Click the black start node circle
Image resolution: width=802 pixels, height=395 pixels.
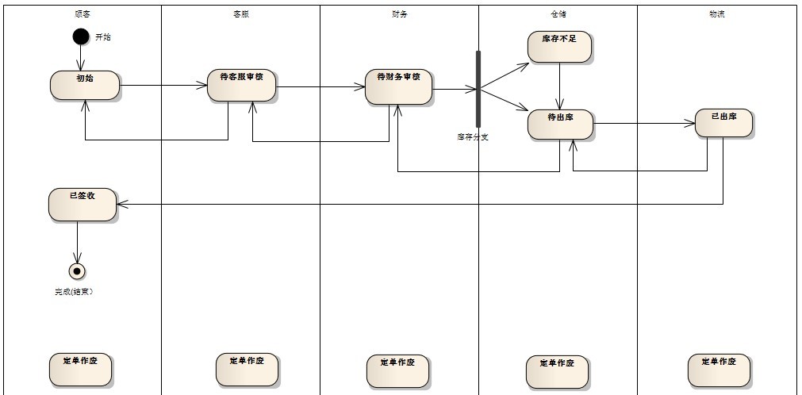click(80, 36)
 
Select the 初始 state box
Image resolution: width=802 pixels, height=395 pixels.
click(85, 85)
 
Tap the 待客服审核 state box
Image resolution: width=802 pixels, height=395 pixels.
click(242, 85)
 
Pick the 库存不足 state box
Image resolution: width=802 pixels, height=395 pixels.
click(560, 47)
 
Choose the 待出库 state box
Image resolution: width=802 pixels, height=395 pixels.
click(561, 125)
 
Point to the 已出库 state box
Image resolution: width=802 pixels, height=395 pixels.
click(723, 122)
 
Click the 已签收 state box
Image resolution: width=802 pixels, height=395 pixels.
click(82, 205)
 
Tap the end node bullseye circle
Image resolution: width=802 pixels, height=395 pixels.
click(77, 271)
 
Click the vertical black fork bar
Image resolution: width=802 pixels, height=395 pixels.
click(478, 89)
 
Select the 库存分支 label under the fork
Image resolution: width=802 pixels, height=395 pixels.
click(473, 136)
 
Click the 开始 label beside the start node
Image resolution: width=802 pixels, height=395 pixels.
click(103, 37)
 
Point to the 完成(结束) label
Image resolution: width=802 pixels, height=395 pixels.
click(74, 292)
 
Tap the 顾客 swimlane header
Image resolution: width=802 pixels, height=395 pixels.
click(82, 13)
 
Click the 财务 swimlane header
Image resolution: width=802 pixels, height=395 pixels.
click(400, 13)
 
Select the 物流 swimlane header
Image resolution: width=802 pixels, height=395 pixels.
click(716, 13)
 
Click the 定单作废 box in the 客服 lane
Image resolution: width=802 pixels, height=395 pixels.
click(246, 369)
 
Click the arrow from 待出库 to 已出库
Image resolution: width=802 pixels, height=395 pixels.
click(643, 123)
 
